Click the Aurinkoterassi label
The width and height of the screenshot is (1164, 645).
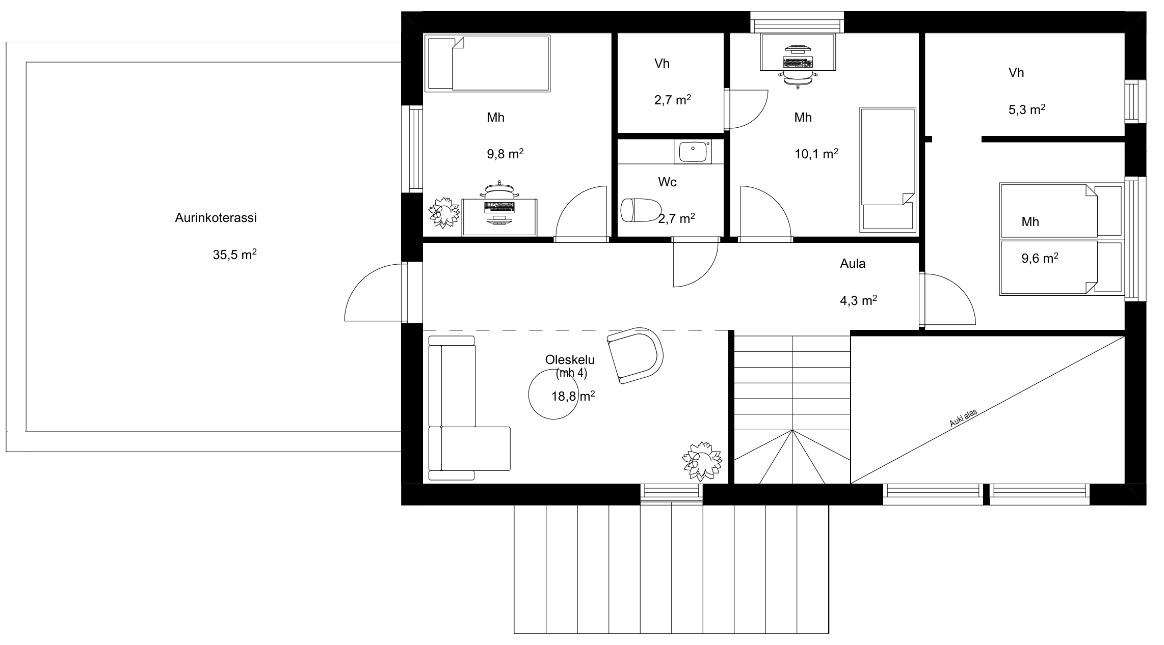coord(216,218)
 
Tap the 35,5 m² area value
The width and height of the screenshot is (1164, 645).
coord(234,254)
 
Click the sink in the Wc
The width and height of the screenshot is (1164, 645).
coord(693,152)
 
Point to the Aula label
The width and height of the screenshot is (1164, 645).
coord(853,264)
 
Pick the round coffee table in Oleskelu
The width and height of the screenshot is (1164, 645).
coord(553,395)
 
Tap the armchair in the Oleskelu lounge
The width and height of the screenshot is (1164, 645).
coord(635,355)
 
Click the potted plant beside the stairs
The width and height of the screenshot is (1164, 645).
coord(702,461)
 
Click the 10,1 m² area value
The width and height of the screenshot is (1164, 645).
coord(816,153)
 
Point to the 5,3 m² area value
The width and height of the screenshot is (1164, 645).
coord(1027,109)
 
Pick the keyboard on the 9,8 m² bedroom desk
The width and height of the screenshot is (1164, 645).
coord(499,207)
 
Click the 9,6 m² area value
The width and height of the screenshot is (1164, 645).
coord(1040,258)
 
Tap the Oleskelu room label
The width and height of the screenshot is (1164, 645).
coord(570,359)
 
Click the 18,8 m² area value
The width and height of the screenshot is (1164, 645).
coord(573,396)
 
